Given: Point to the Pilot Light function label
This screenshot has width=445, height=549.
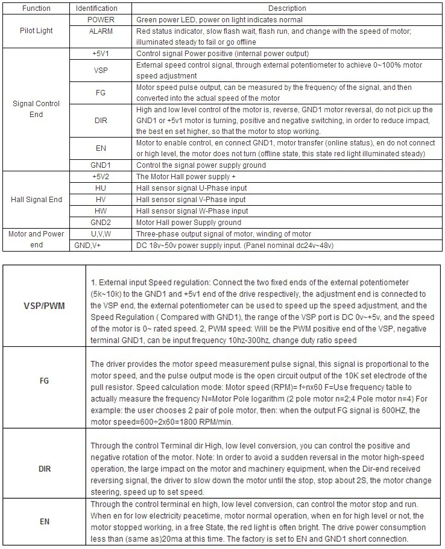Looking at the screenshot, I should pyautogui.click(x=36, y=30).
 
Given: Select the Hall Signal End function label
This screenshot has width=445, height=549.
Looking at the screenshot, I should pyautogui.click(x=36, y=200).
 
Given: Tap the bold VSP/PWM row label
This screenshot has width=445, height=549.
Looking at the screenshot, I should pyautogui.click(x=44, y=306).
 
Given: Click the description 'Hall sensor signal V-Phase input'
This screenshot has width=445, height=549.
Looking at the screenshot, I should pyautogui.click(x=191, y=200).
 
